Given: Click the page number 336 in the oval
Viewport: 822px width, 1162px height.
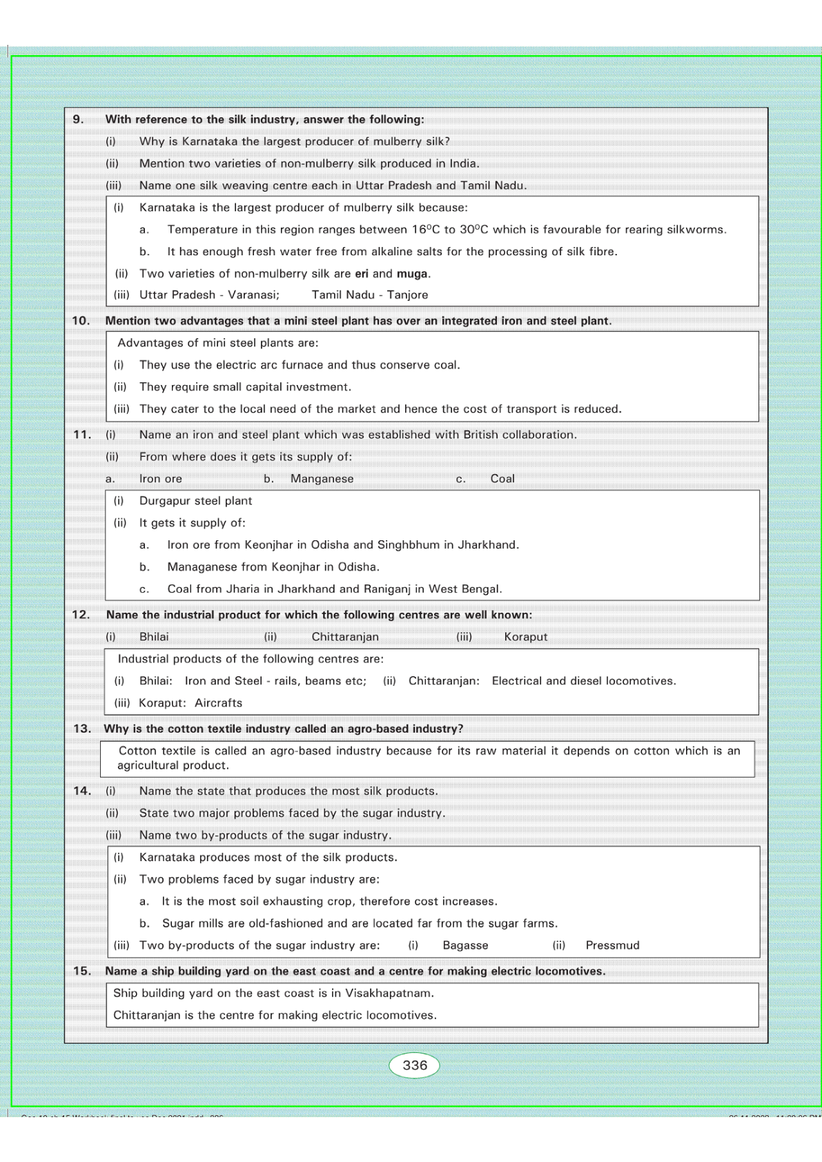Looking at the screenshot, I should pyautogui.click(x=415, y=1065).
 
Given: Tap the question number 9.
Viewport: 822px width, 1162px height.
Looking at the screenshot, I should pyautogui.click(x=79, y=119).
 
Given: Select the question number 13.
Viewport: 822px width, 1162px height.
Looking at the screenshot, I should pyautogui.click(x=82, y=729).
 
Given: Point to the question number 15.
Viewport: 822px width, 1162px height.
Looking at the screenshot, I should pyautogui.click(x=82, y=971).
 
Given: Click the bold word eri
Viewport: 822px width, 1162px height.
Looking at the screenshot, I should pyautogui.click(x=362, y=273).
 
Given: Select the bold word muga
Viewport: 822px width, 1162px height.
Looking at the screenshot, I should pyautogui.click(x=412, y=273).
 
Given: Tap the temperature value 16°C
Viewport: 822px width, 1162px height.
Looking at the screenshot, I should pyautogui.click(x=426, y=229).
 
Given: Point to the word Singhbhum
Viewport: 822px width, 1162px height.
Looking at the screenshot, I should pyautogui.click(x=407, y=544).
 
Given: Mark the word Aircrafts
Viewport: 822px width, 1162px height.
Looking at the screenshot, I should pyautogui.click(x=219, y=702).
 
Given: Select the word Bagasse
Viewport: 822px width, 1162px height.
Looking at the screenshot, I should pyautogui.click(x=465, y=945).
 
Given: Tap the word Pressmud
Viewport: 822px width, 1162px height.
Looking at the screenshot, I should pyautogui.click(x=612, y=945).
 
